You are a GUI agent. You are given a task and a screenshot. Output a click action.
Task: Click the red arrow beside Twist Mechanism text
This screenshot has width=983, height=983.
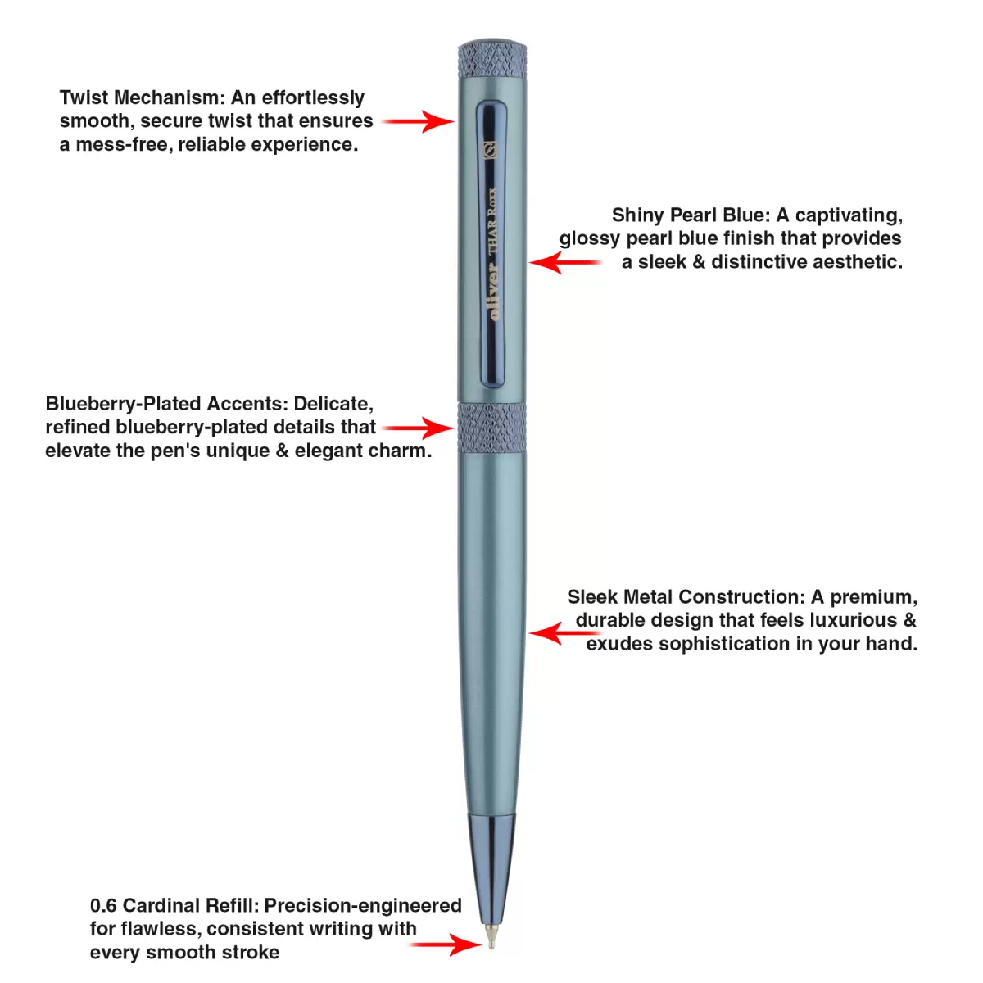[418, 121]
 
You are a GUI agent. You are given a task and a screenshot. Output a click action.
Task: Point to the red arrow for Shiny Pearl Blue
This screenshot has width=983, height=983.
[565, 262]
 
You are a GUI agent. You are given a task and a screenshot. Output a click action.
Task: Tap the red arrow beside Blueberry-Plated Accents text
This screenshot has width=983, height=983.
[418, 428]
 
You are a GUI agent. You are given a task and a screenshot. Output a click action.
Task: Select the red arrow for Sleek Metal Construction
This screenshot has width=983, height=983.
[565, 633]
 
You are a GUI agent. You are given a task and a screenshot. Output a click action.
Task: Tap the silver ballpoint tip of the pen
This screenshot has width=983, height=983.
[491, 936]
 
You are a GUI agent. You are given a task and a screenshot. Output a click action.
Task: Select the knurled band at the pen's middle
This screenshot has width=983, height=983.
[491, 427]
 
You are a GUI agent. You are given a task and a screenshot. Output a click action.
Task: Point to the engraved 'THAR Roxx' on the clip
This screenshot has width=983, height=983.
[492, 223]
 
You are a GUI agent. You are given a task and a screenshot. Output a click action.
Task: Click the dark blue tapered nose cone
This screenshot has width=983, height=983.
[491, 864]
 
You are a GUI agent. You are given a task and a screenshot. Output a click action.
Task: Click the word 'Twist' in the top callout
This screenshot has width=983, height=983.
[83, 97]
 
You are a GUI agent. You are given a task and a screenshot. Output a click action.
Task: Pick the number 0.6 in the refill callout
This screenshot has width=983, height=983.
[103, 905]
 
